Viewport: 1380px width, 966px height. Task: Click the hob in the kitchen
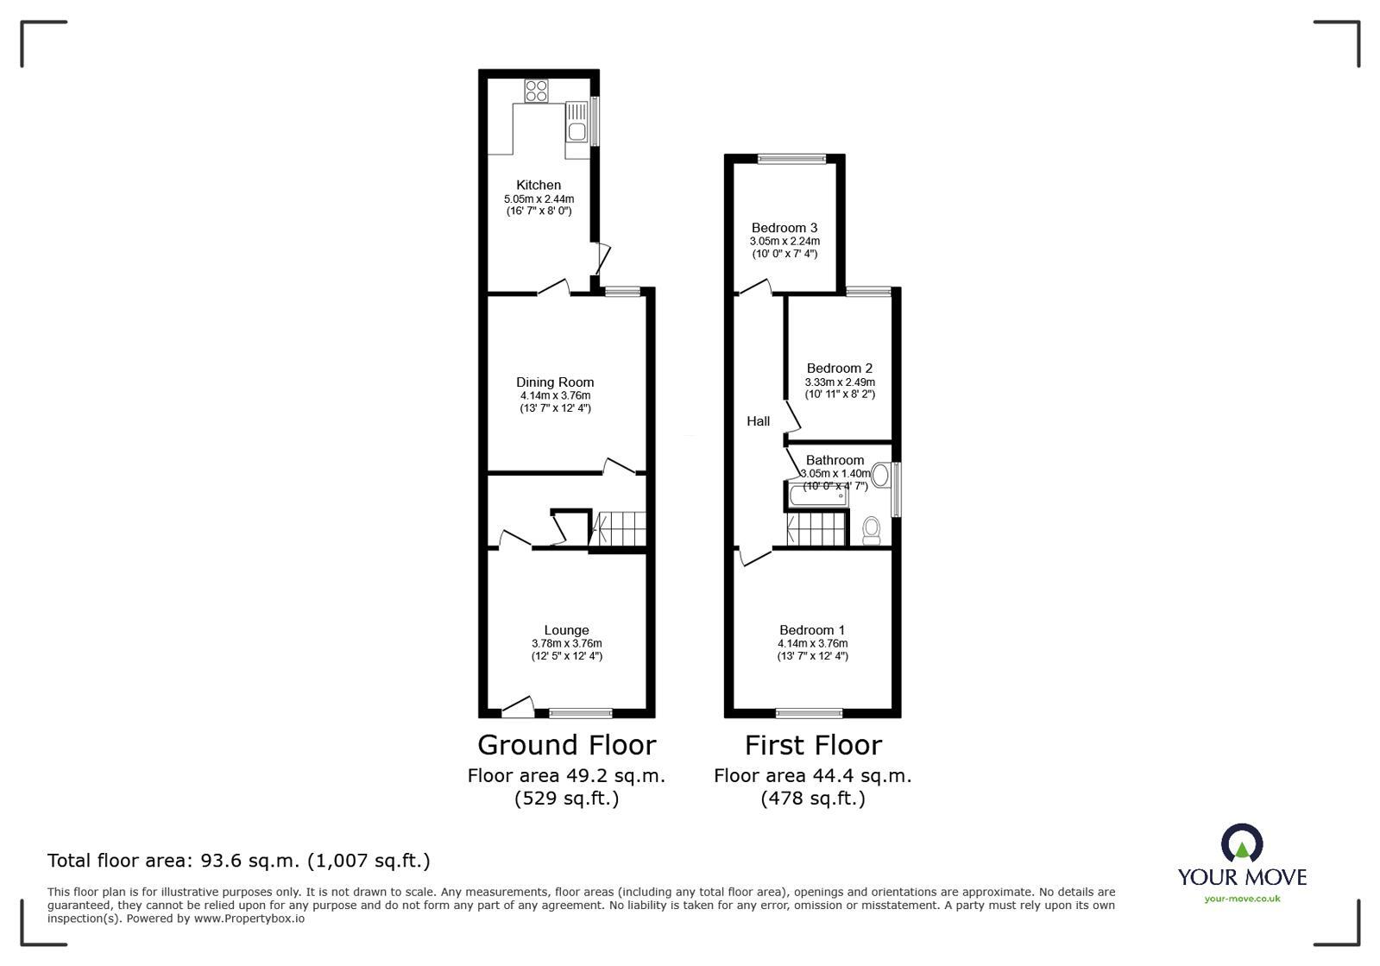pos(536,91)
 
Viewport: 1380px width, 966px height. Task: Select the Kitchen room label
pos(539,185)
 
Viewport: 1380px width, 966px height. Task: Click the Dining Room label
pos(555,382)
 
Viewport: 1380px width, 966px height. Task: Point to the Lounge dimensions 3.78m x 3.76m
pos(566,643)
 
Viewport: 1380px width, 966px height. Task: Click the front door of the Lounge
pos(517,708)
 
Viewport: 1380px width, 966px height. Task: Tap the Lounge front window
pos(581,713)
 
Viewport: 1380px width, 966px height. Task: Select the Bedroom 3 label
pos(784,228)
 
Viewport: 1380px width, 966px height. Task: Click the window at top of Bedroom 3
pos(791,159)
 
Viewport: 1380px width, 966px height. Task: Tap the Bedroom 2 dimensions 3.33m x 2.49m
pos(839,382)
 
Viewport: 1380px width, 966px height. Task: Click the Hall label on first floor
pos(759,421)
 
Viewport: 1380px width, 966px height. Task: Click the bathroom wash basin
pos(881,475)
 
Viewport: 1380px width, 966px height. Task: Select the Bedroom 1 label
pos(812,630)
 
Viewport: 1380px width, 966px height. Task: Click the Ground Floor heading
pos(566,745)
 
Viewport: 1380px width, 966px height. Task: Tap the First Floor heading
pos(813,745)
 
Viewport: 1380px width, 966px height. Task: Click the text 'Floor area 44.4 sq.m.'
pos(812,775)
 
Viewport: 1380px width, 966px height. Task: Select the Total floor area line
pos(238,861)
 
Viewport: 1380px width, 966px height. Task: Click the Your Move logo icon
pos(1242,843)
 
